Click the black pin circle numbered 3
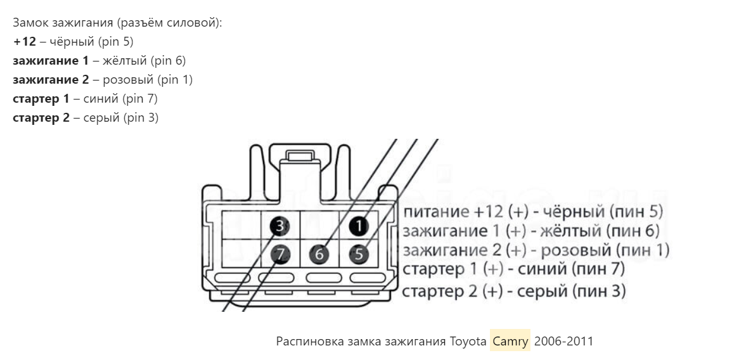click(279, 227)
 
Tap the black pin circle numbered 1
click(359, 226)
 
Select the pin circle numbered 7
click(281, 254)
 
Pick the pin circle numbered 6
click(319, 254)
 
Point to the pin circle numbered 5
click(359, 254)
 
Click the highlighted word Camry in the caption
click(510, 342)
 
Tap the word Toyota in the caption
click(468, 342)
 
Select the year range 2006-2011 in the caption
click(563, 342)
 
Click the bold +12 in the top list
click(24, 42)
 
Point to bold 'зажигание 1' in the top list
click(51, 61)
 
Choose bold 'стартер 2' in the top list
click(41, 118)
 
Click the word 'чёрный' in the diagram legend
click(574, 212)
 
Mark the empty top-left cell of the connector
click(241, 225)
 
